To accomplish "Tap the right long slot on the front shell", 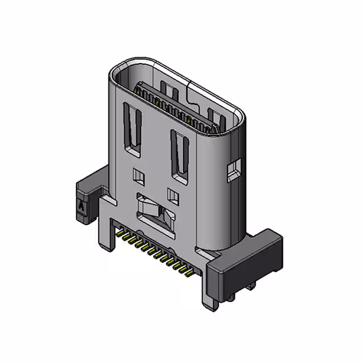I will (179, 155).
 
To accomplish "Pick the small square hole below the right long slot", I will (174, 196).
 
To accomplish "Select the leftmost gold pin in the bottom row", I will (120, 233).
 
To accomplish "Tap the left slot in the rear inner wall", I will (166, 88).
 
